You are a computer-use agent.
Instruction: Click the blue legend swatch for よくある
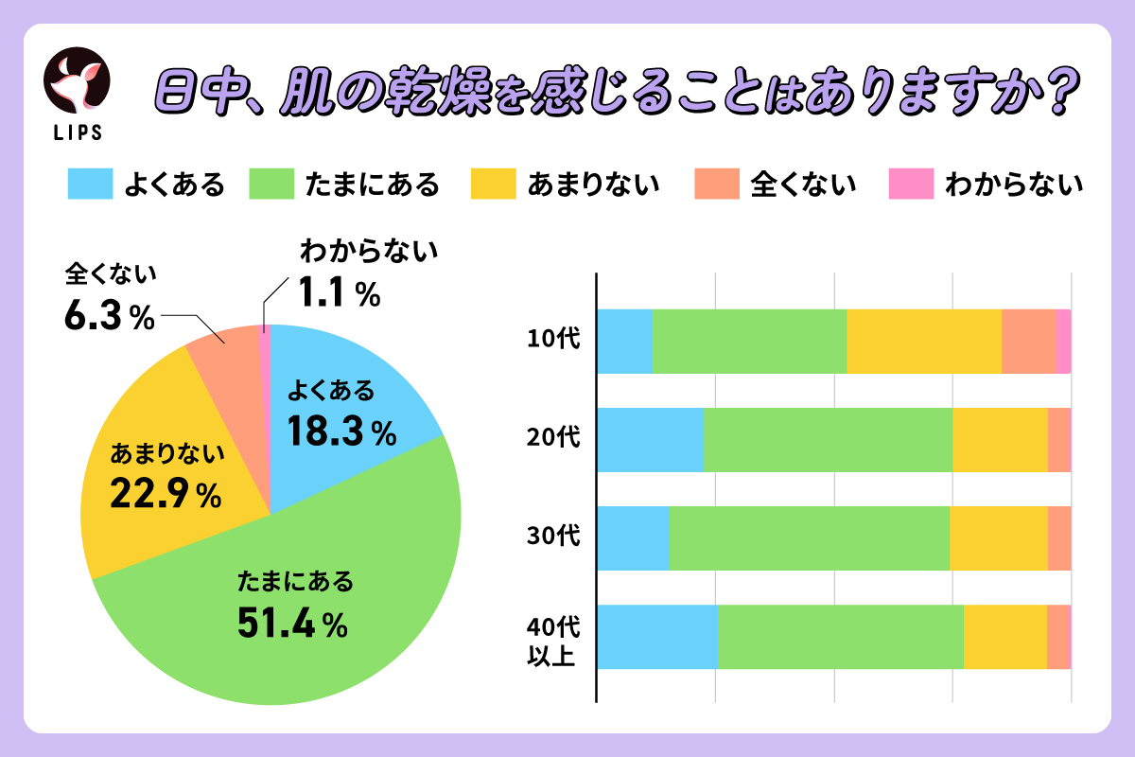point(91,184)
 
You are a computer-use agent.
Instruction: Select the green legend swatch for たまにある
point(272,184)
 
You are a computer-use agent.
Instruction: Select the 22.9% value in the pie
point(166,493)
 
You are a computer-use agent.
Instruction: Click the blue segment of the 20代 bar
point(650,439)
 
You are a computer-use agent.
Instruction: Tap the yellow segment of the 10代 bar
point(923,341)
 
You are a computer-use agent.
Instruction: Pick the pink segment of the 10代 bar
point(1063,341)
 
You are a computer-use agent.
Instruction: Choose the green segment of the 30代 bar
point(809,537)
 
